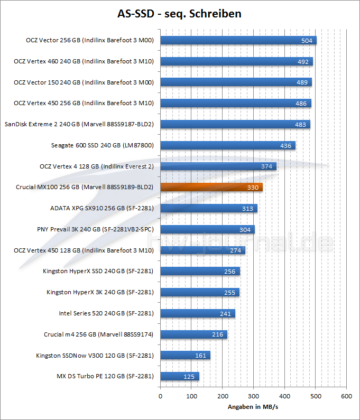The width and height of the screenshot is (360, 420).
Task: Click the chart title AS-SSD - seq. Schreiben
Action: (179, 14)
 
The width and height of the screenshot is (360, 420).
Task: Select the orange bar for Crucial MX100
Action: (211, 187)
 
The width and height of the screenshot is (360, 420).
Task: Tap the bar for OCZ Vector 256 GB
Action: (238, 40)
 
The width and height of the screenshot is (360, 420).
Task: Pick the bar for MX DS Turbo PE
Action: (179, 377)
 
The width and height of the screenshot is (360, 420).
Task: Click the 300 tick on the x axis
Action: (253, 396)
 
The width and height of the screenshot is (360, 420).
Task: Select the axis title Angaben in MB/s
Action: (253, 407)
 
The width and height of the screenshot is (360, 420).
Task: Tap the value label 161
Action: (200, 356)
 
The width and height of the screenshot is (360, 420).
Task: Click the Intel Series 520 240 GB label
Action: (106, 313)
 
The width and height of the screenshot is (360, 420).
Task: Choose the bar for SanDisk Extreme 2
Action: (235, 124)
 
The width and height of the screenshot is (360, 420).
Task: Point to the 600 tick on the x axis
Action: (346, 396)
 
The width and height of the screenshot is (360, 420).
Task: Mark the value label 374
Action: (267, 166)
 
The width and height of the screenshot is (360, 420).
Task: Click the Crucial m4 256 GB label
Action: (99, 334)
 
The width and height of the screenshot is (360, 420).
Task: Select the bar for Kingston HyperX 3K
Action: (199, 292)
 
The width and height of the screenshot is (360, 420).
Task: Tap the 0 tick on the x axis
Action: (160, 396)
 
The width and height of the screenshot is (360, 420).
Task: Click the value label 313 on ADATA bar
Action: (248, 208)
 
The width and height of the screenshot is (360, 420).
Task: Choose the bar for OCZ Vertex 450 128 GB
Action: (202, 250)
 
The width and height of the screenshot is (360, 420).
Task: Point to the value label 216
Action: (217, 334)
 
